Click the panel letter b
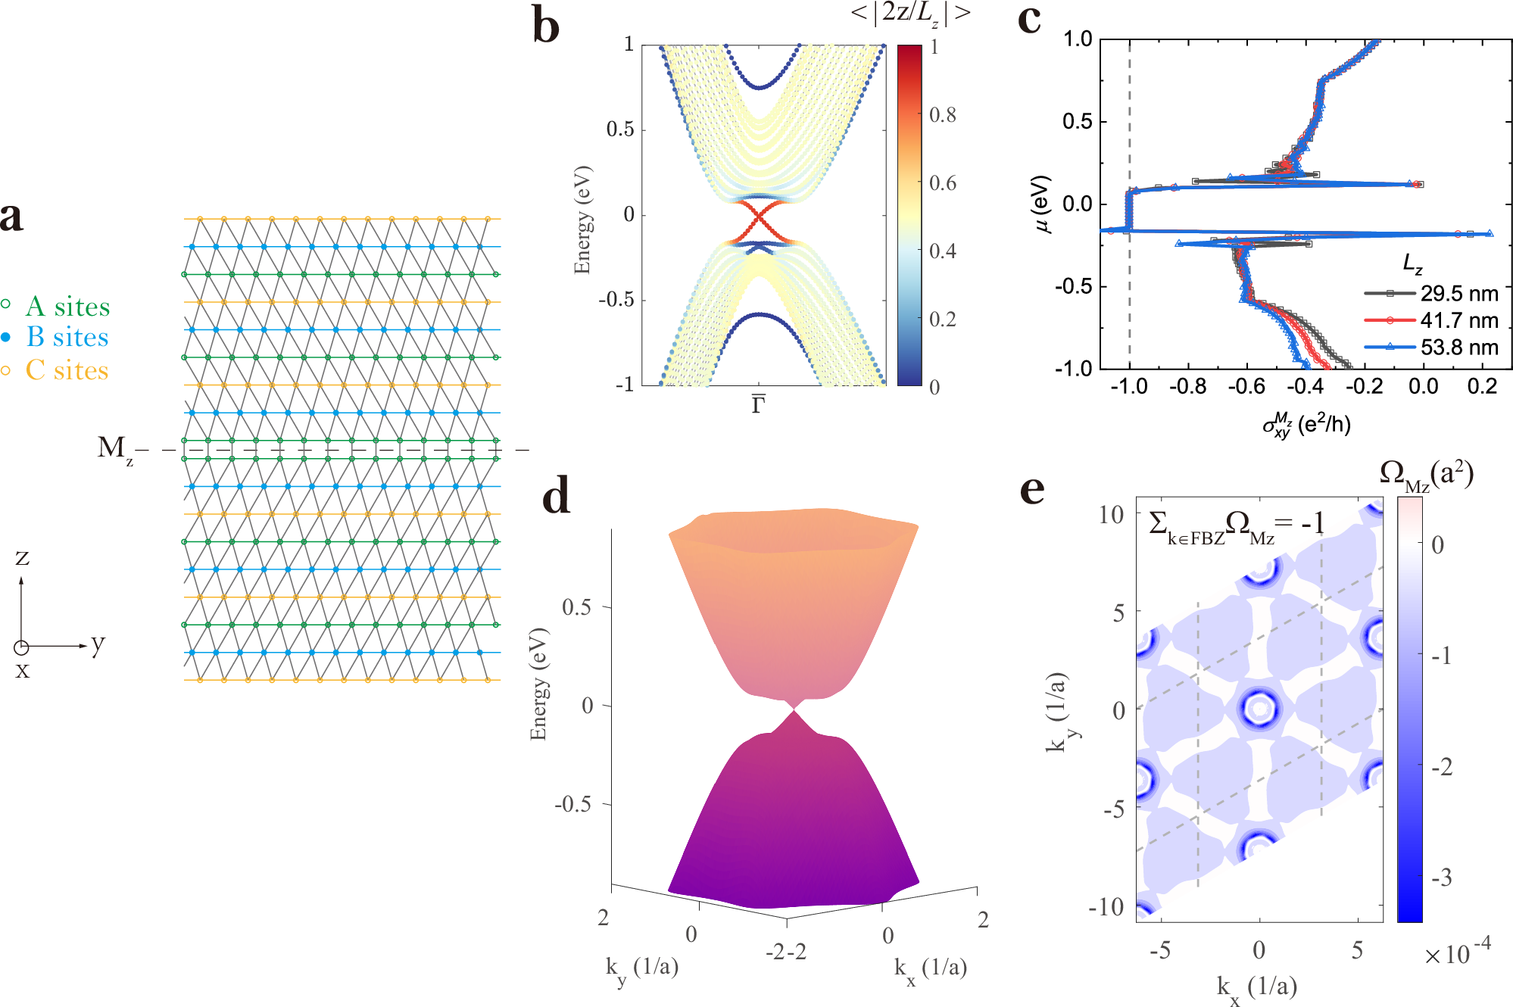coord(546,26)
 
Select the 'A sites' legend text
coord(67,307)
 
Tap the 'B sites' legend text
coord(67,337)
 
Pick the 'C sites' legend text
coord(67,370)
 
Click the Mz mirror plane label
coord(114,448)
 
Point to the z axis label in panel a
coord(22,557)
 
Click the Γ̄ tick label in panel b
coord(758,405)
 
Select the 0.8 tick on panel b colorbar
coord(942,115)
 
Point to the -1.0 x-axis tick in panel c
coord(1128,387)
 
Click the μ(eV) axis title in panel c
coord(1042,204)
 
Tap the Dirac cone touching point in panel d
coord(794,709)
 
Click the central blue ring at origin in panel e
coord(1259,709)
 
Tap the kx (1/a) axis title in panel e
coord(1257,987)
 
